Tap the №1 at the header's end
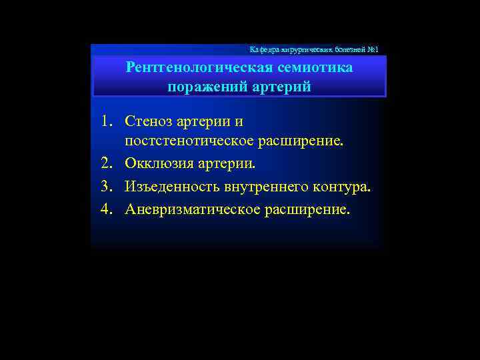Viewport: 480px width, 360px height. click(372, 49)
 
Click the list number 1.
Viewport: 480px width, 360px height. click(107, 122)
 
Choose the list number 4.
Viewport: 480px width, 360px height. click(107, 209)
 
